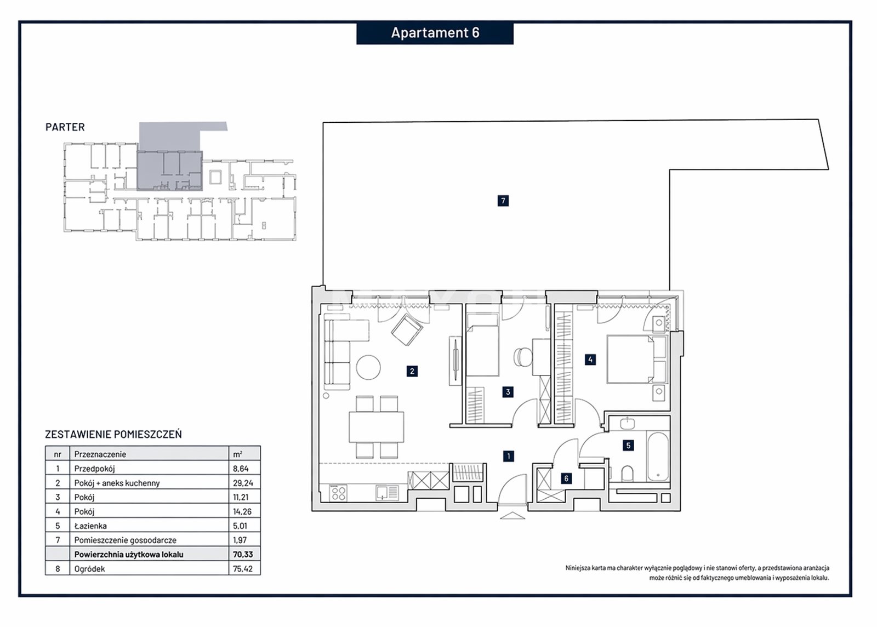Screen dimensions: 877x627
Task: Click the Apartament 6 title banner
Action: click(x=435, y=33)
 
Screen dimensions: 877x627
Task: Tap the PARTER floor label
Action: click(x=65, y=127)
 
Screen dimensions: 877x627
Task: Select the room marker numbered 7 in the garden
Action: click(x=503, y=201)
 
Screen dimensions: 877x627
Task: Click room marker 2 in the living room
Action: click(x=412, y=371)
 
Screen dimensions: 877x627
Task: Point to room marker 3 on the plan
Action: click(x=508, y=392)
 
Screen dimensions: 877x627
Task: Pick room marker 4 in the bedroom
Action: click(x=590, y=360)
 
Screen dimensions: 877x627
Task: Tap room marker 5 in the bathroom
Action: click(x=628, y=445)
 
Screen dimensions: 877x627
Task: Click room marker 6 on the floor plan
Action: click(x=566, y=478)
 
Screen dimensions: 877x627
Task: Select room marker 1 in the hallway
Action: click(x=509, y=456)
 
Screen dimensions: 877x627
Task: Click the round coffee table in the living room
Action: click(x=368, y=367)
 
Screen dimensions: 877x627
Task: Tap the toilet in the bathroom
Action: click(x=627, y=473)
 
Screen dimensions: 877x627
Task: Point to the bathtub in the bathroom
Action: click(x=658, y=457)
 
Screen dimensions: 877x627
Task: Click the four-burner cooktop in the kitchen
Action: click(x=338, y=493)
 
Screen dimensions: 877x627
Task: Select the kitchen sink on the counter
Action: click(x=387, y=493)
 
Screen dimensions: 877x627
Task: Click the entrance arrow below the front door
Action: click(x=512, y=516)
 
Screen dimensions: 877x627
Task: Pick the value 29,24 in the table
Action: click(x=243, y=483)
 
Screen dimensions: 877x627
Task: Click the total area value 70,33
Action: click(x=243, y=554)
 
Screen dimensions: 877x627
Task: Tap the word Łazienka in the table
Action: click(x=90, y=526)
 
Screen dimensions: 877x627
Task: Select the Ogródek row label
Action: click(x=90, y=569)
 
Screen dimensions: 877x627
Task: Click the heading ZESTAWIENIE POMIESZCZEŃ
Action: click(x=113, y=434)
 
